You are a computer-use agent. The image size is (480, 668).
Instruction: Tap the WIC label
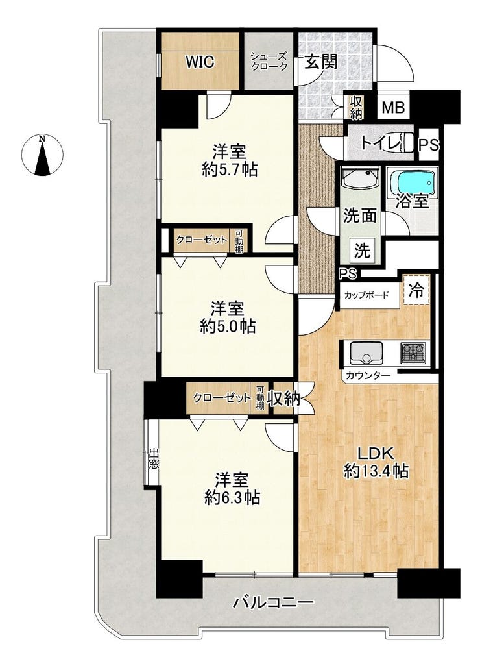pos(199,62)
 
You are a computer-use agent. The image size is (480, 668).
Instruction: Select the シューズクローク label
pos(269,61)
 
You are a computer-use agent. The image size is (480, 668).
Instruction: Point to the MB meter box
pos(393,107)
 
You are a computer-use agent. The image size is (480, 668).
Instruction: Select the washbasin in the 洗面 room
pos(361,178)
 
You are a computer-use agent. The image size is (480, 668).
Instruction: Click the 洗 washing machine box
pos(363,251)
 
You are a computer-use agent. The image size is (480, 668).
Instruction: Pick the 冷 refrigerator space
pos(416,291)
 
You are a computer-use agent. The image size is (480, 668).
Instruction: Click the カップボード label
pos(366,295)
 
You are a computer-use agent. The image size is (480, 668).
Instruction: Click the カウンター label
pos(368,375)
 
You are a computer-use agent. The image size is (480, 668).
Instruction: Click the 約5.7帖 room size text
pos(230,170)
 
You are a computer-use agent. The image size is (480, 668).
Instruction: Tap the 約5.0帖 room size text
pos(228,327)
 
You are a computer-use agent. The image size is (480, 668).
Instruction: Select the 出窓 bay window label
pos(153,459)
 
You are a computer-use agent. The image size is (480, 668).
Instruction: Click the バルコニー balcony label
pos(273,602)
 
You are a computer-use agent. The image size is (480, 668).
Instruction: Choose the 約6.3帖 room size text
pos(232,497)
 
